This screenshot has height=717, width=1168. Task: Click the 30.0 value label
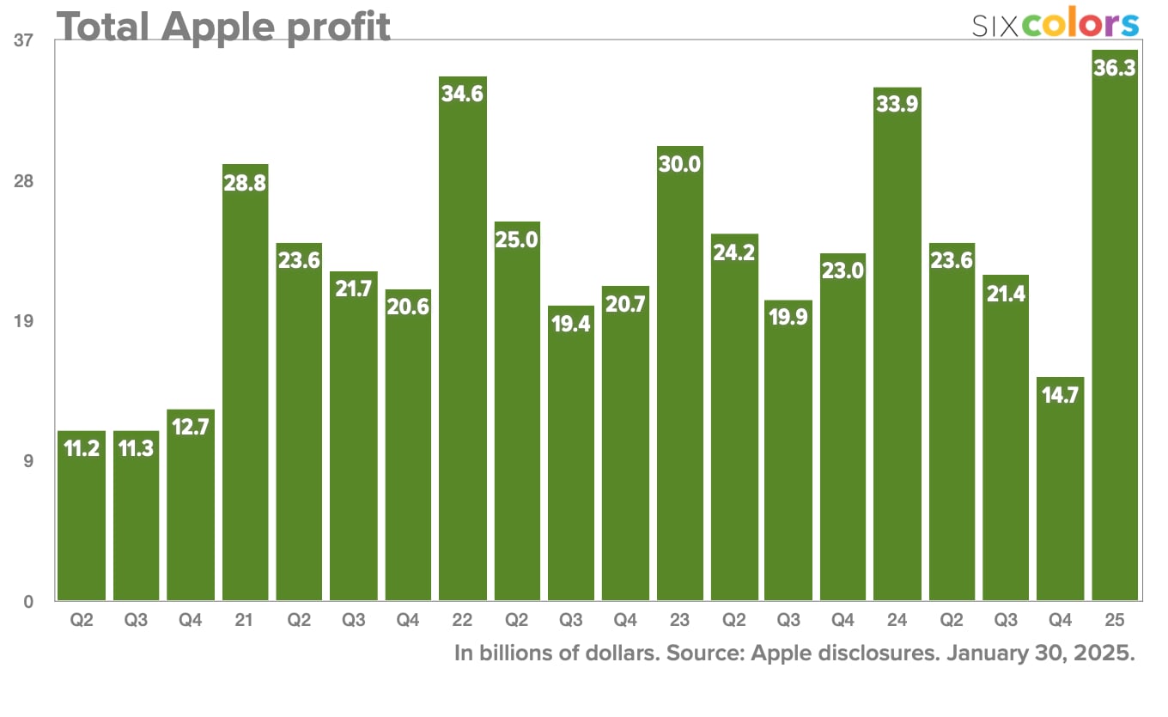coord(680,163)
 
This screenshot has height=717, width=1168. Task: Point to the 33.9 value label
coord(897,105)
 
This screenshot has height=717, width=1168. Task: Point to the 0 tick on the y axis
coord(28,602)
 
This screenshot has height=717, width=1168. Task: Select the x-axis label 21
coord(245,619)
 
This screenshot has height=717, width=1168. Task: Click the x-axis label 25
coord(1115,619)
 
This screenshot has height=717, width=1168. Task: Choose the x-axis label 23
coord(680,619)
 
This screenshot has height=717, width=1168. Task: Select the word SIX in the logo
coord(995,26)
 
